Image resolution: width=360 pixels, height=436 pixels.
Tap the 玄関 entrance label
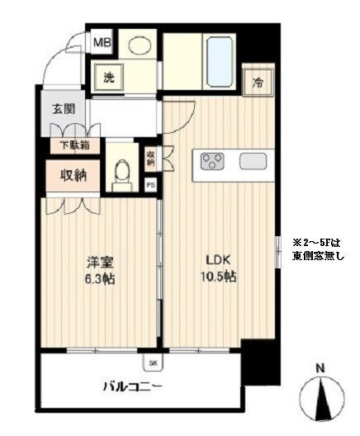(64, 108)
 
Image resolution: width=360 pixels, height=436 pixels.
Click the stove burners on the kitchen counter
(211, 160)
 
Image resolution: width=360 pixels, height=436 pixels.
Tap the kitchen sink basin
(252, 161)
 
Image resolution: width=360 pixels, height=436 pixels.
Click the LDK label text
(217, 262)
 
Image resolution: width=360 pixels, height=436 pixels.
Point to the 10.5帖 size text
(218, 277)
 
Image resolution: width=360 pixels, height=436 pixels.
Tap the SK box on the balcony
(154, 362)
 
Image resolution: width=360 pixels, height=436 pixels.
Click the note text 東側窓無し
(318, 257)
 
